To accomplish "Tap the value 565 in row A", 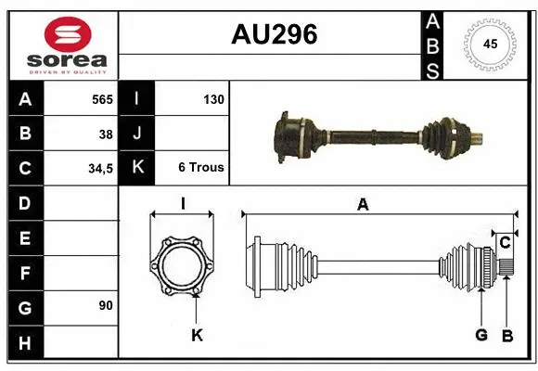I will (x=101, y=98).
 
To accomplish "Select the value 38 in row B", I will (x=106, y=134).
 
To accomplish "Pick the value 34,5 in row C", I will (x=99, y=169).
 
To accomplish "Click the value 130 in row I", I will (x=212, y=98).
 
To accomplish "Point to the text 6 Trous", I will (x=201, y=168).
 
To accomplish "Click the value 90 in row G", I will (x=105, y=304).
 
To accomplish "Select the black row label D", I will (x=24, y=203).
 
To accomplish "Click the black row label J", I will (x=137, y=134).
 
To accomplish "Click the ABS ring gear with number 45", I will (x=490, y=44).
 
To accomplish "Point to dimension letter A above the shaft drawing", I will (x=363, y=205).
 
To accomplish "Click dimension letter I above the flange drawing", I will (x=183, y=205).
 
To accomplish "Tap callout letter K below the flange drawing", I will (x=197, y=335).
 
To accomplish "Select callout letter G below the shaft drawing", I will (x=481, y=335).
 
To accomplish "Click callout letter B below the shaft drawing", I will (x=506, y=335).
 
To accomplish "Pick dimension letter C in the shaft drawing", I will (x=505, y=243).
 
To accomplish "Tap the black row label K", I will (x=137, y=168).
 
